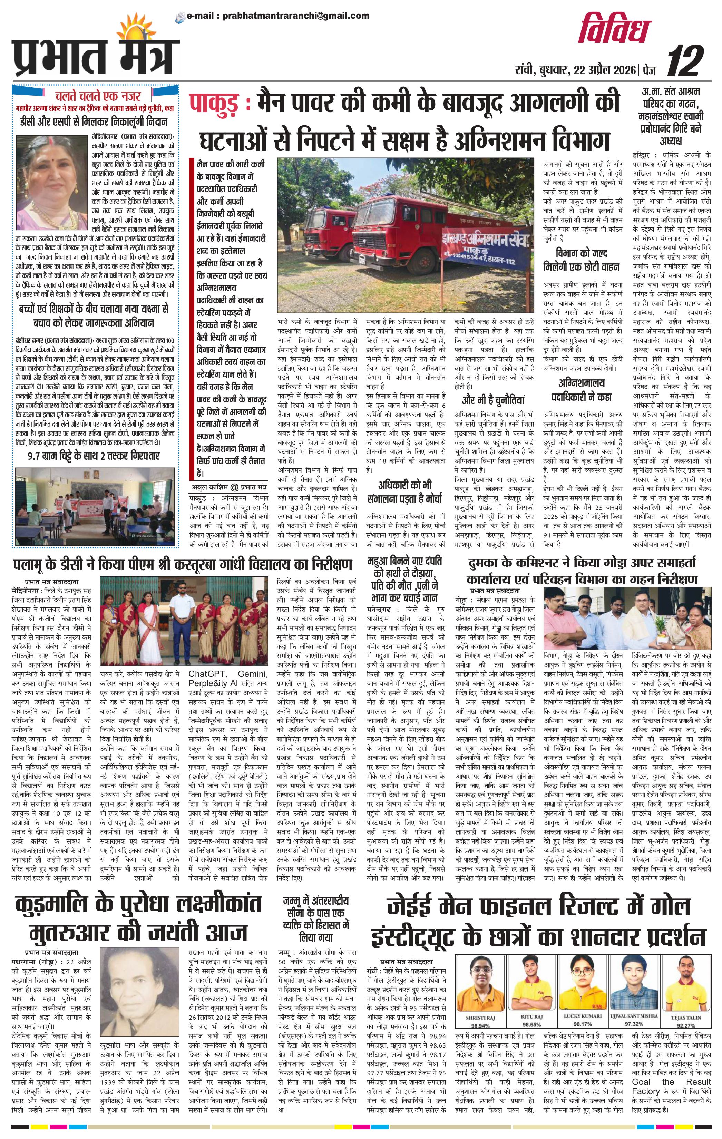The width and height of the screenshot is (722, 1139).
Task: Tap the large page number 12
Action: click(x=684, y=62)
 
